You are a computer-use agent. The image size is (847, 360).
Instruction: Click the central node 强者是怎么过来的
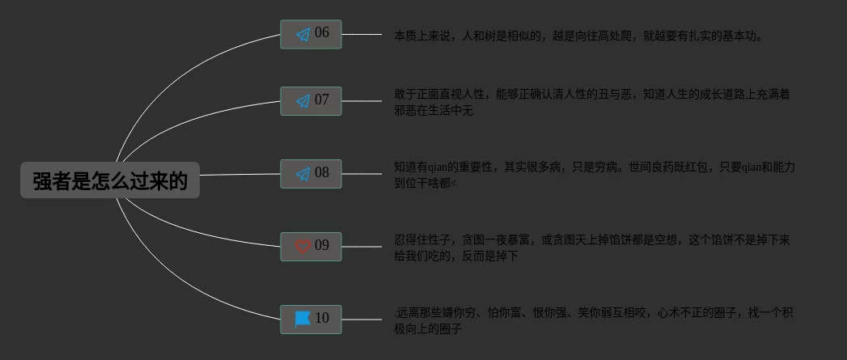(x=110, y=180)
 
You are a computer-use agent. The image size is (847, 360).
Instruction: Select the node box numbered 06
(x=311, y=34)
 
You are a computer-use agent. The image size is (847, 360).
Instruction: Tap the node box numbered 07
(x=311, y=101)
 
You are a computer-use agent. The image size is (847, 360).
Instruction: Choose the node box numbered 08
(x=311, y=174)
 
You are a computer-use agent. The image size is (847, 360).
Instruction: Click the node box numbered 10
(x=311, y=319)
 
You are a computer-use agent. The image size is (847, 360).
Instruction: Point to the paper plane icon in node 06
(x=303, y=35)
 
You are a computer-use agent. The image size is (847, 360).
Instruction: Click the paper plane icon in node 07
(x=303, y=101)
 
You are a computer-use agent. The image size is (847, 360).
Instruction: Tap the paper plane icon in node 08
(x=303, y=174)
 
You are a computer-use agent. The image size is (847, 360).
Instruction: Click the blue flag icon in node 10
(x=303, y=319)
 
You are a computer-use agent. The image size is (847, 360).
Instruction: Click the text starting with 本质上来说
(x=578, y=36)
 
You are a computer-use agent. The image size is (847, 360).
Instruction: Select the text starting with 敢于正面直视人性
(x=591, y=102)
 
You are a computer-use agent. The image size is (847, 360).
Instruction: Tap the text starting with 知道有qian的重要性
(x=594, y=175)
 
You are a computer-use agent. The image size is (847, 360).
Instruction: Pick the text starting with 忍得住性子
(x=591, y=248)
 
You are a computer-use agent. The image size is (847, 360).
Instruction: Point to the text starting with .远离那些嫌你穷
(x=593, y=320)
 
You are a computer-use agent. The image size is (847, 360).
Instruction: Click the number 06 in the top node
(x=322, y=33)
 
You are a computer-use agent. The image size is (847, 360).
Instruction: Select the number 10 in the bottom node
(x=322, y=318)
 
